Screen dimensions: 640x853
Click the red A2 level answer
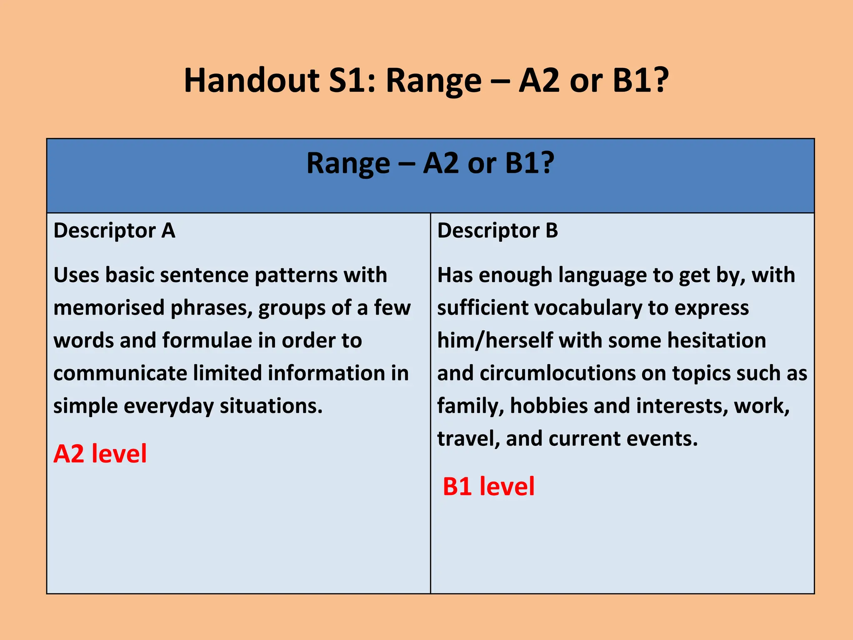click(100, 454)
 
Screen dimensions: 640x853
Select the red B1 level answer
click(489, 486)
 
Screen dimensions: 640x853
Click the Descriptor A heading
click(115, 230)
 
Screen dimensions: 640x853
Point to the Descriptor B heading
click(497, 230)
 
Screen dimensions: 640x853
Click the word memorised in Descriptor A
click(109, 308)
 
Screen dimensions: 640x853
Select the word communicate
click(120, 373)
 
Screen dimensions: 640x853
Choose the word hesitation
click(717, 340)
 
